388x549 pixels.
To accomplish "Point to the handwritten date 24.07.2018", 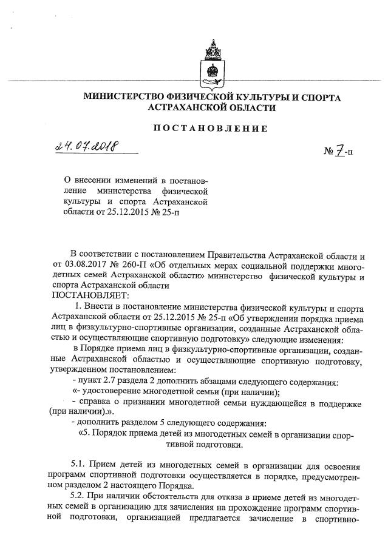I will pyautogui.click(x=89, y=146).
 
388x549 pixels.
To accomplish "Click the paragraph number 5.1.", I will pyautogui.click(x=80, y=465).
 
